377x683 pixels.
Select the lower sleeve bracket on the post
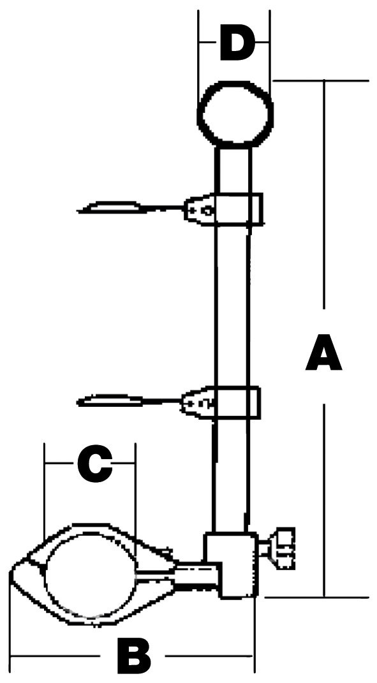click(x=237, y=402)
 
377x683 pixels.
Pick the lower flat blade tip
click(x=109, y=400)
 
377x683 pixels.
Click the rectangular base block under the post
click(x=229, y=564)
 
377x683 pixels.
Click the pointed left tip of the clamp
click(x=10, y=568)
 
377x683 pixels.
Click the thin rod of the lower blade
click(x=162, y=400)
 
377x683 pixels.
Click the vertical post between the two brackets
click(x=232, y=305)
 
